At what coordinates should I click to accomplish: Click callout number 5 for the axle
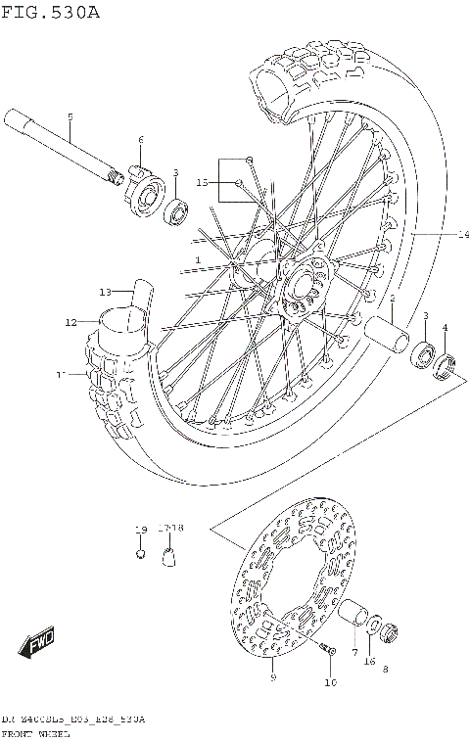[x=70, y=117]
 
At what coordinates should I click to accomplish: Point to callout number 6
[x=141, y=140]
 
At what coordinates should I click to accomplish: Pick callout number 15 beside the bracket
[x=203, y=182]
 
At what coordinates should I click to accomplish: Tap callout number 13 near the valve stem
[x=105, y=291]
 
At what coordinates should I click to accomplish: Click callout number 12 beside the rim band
[x=71, y=322]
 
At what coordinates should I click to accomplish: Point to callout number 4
[x=445, y=327]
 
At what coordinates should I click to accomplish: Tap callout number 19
[x=141, y=530]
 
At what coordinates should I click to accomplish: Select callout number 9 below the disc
[x=271, y=676]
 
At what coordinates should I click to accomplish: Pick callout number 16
[x=369, y=662]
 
